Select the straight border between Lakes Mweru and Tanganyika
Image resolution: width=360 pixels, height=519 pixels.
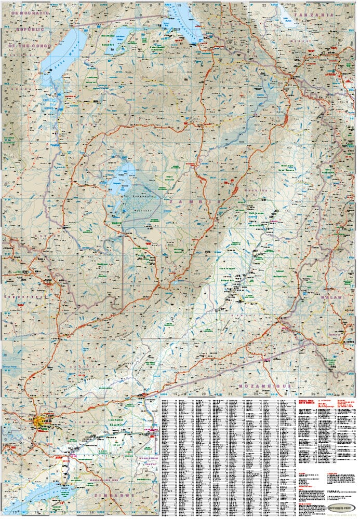point(119,20)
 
